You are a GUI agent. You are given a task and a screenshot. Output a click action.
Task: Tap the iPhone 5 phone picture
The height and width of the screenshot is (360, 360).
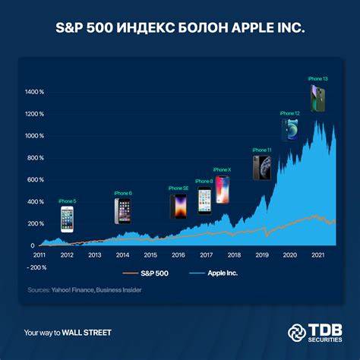67,219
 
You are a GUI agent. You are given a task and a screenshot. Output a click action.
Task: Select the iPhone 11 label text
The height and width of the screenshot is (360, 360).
261,150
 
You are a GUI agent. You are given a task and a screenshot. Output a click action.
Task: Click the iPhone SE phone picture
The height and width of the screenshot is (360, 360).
177,206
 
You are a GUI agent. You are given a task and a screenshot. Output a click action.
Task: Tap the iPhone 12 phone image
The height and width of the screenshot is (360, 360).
291,129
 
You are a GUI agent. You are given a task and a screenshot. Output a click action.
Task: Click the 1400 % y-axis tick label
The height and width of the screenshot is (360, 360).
35,92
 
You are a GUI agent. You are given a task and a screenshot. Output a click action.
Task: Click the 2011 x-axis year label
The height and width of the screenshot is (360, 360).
39,256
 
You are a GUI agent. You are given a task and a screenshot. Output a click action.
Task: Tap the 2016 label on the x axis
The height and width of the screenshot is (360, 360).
178,256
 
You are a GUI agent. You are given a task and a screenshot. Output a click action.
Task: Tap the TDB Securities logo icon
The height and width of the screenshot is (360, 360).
297,332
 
